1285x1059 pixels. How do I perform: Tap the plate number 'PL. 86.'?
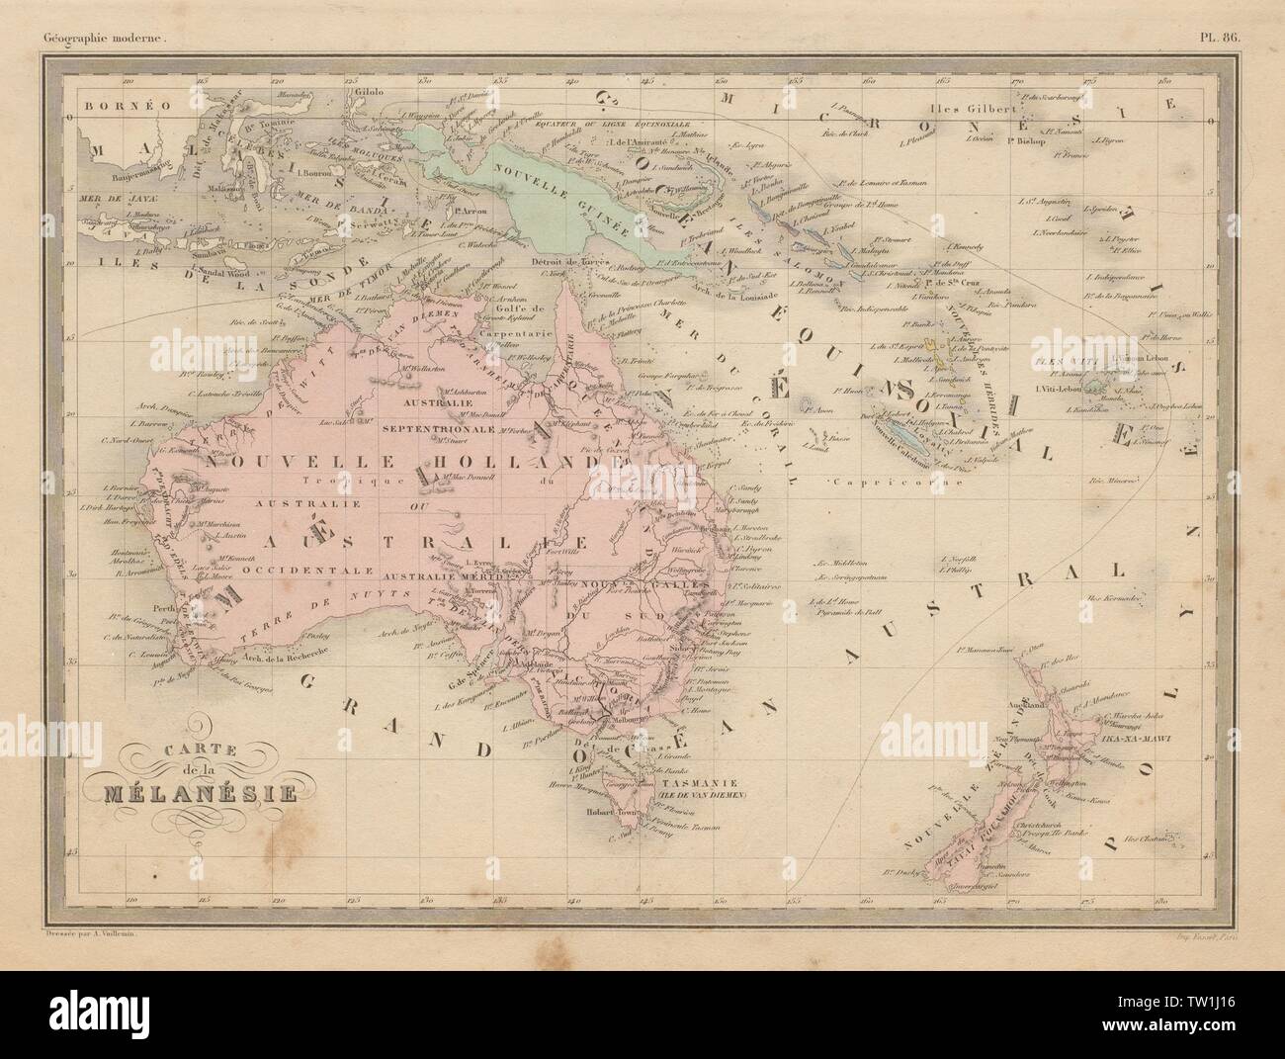(x=1226, y=14)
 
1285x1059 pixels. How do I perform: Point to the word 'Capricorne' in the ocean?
(x=869, y=482)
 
